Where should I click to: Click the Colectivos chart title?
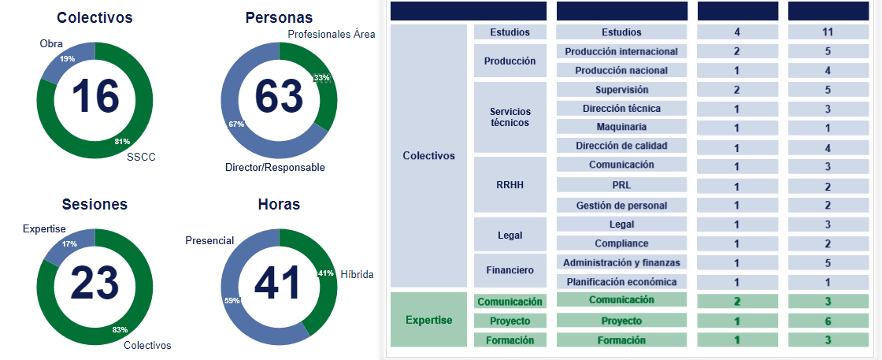pyautogui.click(x=94, y=17)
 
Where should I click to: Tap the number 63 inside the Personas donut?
pyautogui.click(x=279, y=97)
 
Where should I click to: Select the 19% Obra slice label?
pyautogui.click(x=68, y=59)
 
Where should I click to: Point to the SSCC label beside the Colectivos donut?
pyautogui.click(x=141, y=157)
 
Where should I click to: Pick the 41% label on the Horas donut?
pyautogui.click(x=324, y=273)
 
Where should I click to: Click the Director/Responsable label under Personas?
pyautogui.click(x=275, y=167)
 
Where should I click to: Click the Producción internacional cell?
pyautogui.click(x=621, y=51)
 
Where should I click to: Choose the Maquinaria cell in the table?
pyautogui.click(x=621, y=127)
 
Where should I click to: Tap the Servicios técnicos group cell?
pyautogui.click(x=510, y=117)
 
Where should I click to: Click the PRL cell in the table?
pyautogui.click(x=621, y=186)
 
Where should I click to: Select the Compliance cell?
pyautogui.click(x=621, y=243)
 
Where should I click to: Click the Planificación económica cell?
pyautogui.click(x=621, y=281)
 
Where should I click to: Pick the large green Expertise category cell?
pyautogui.click(x=428, y=320)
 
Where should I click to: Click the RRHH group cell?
pyautogui.click(x=510, y=185)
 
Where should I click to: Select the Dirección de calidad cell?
pyautogui.click(x=621, y=146)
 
